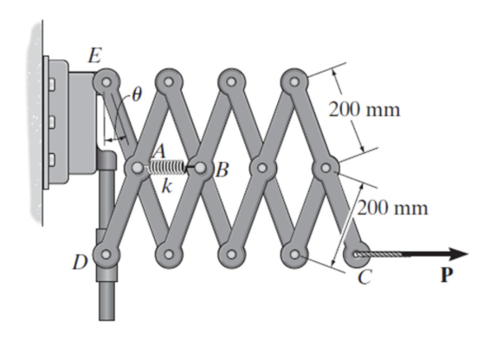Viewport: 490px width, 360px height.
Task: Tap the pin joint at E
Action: pyautogui.click(x=106, y=81)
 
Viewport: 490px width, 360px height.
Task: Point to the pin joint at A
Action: pyautogui.click(x=138, y=167)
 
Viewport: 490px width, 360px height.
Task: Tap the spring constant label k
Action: pyautogui.click(x=166, y=185)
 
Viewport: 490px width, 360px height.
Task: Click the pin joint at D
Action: pyautogui.click(x=106, y=254)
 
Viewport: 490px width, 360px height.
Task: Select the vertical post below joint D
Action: pyautogui.click(x=106, y=299)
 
